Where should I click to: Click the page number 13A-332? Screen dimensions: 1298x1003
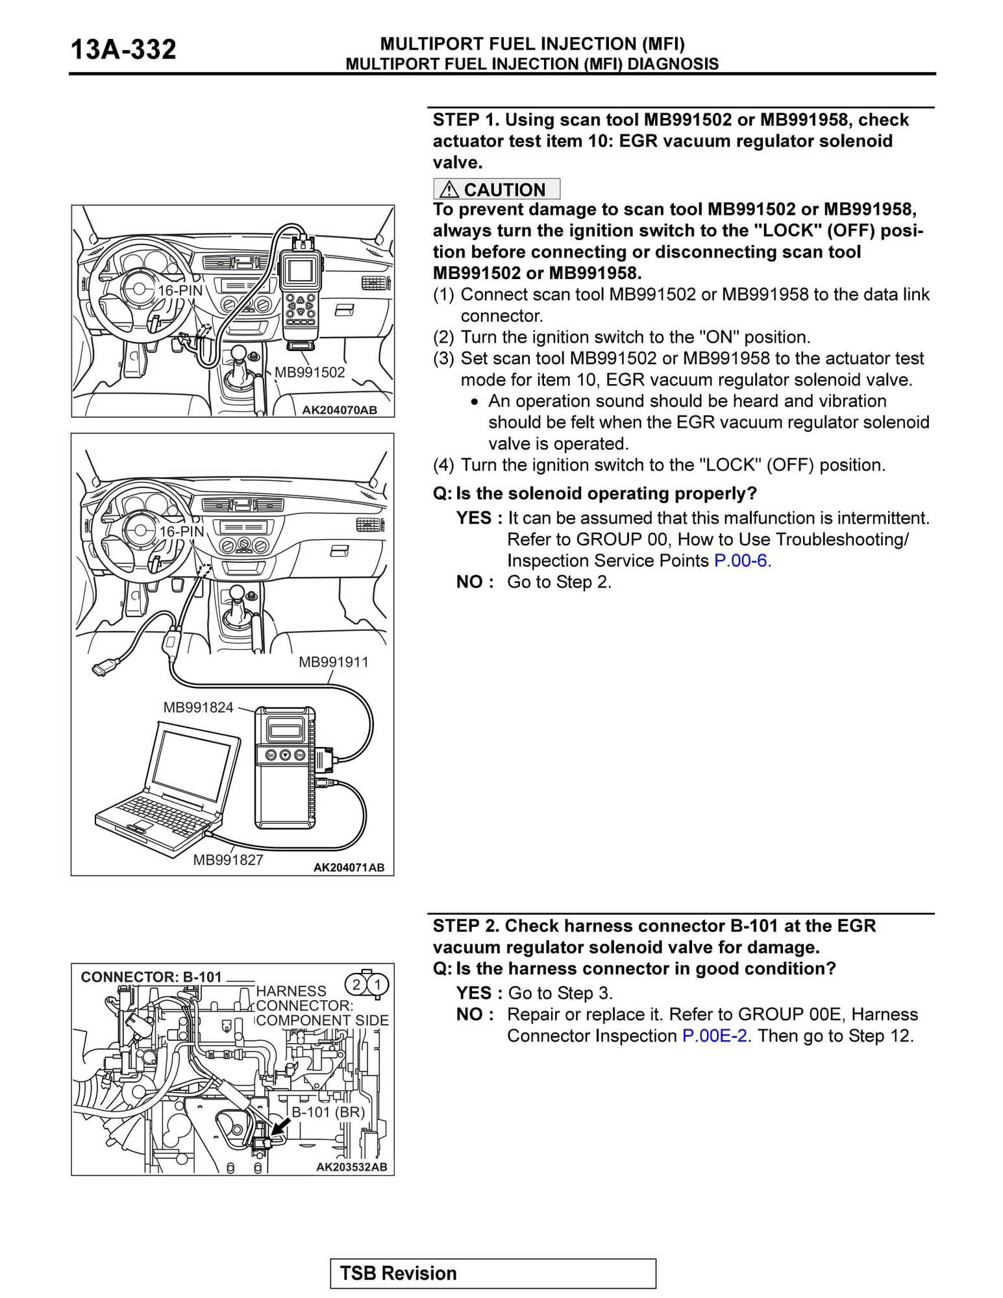pos(123,50)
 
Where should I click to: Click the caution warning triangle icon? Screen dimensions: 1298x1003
pos(449,190)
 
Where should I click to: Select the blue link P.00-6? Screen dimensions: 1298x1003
pos(740,561)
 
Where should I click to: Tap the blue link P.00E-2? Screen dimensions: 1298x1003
pos(714,1036)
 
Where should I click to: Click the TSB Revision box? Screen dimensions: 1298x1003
pos(493,1273)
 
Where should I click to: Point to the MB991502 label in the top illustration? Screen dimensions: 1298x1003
pos(310,373)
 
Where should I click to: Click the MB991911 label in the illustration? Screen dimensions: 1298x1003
pos(333,662)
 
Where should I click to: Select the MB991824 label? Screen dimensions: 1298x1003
pos(198,707)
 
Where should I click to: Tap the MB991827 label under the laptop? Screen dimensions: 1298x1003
pos(228,860)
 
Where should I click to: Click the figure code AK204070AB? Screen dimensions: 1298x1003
pos(339,410)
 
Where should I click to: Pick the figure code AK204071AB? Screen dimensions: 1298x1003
pos(349,868)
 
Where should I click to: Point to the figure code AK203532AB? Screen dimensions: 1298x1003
pos(351,1167)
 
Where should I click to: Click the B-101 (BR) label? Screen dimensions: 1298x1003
pos(328,1112)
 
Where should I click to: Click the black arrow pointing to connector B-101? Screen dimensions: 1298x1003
pos(280,1127)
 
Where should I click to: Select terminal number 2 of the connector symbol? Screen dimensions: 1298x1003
pos(356,985)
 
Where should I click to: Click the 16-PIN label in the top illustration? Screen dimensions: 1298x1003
pos(180,291)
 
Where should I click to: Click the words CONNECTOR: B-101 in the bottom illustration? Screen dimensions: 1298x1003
pos(151,977)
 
